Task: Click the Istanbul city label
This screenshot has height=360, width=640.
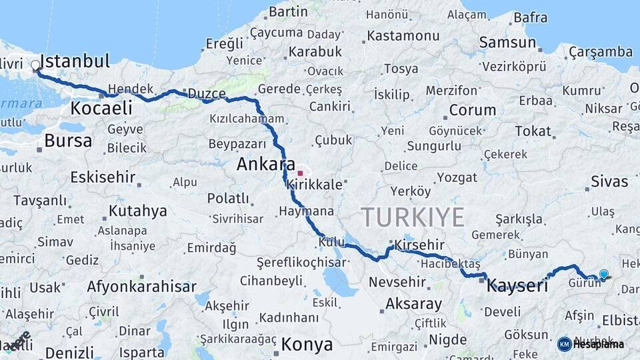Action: pos(75,61)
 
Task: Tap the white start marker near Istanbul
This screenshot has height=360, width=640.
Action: pos(35,65)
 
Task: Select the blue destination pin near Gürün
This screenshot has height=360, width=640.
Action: pos(603,274)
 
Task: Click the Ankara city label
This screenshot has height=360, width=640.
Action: pos(266,163)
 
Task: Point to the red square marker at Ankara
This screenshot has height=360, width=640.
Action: pos(300,173)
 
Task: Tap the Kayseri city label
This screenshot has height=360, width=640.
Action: pos(517,286)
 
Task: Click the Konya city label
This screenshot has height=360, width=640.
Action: pos(307,345)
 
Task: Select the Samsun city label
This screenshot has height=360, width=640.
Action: pos(507,43)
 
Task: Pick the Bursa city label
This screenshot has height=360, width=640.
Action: pos(68,141)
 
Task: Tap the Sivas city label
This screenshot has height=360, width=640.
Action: pos(609,181)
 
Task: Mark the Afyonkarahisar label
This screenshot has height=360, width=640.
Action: pos(141,287)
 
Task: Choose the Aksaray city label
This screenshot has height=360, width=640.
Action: pos(413,304)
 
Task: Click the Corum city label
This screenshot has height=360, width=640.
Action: pos(472,110)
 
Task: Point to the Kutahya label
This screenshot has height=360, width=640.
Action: pos(137,211)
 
